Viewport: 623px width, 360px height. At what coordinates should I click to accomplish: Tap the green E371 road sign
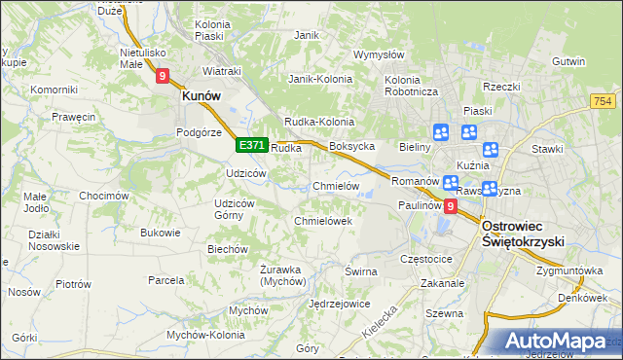pos(251,145)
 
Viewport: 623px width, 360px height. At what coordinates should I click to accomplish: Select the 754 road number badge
pos(604,101)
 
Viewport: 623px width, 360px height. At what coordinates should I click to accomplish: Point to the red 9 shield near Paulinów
pos(450,205)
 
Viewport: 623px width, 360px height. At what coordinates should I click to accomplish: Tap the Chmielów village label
pos(336,186)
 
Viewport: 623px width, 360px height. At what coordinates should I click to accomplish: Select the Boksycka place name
pos(352,147)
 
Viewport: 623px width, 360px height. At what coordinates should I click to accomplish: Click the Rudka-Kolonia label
pos(318,122)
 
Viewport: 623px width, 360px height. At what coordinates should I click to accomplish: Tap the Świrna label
pos(360,271)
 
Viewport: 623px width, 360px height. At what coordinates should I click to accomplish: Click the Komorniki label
pos(54,90)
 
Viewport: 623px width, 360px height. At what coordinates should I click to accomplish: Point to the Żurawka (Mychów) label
pos(283,274)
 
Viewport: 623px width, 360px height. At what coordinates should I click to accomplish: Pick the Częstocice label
pos(427,260)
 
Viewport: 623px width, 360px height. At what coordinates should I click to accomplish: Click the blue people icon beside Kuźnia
pos(490,149)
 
